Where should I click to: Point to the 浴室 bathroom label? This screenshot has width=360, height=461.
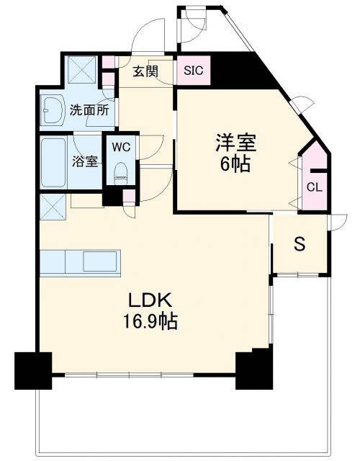(85, 161)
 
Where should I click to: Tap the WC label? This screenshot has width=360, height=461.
(120, 148)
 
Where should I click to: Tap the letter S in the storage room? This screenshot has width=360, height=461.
(299, 243)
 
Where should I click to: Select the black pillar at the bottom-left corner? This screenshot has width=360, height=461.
(32, 370)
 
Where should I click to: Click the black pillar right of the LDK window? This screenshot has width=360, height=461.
(253, 367)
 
